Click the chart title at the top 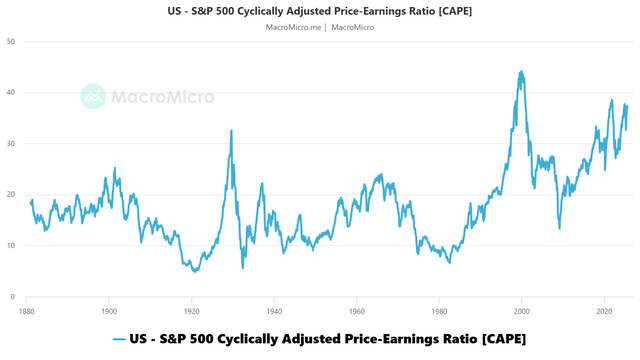point(319,11)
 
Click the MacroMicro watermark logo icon point(94,96)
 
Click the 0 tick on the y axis point(12,297)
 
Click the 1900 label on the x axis point(109,311)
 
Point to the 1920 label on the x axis point(191,311)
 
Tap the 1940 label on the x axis point(274,311)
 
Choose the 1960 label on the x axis point(356,311)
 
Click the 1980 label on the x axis point(439,311)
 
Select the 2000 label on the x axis point(521,311)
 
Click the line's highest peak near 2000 point(521,72)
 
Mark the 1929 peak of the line point(231,131)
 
